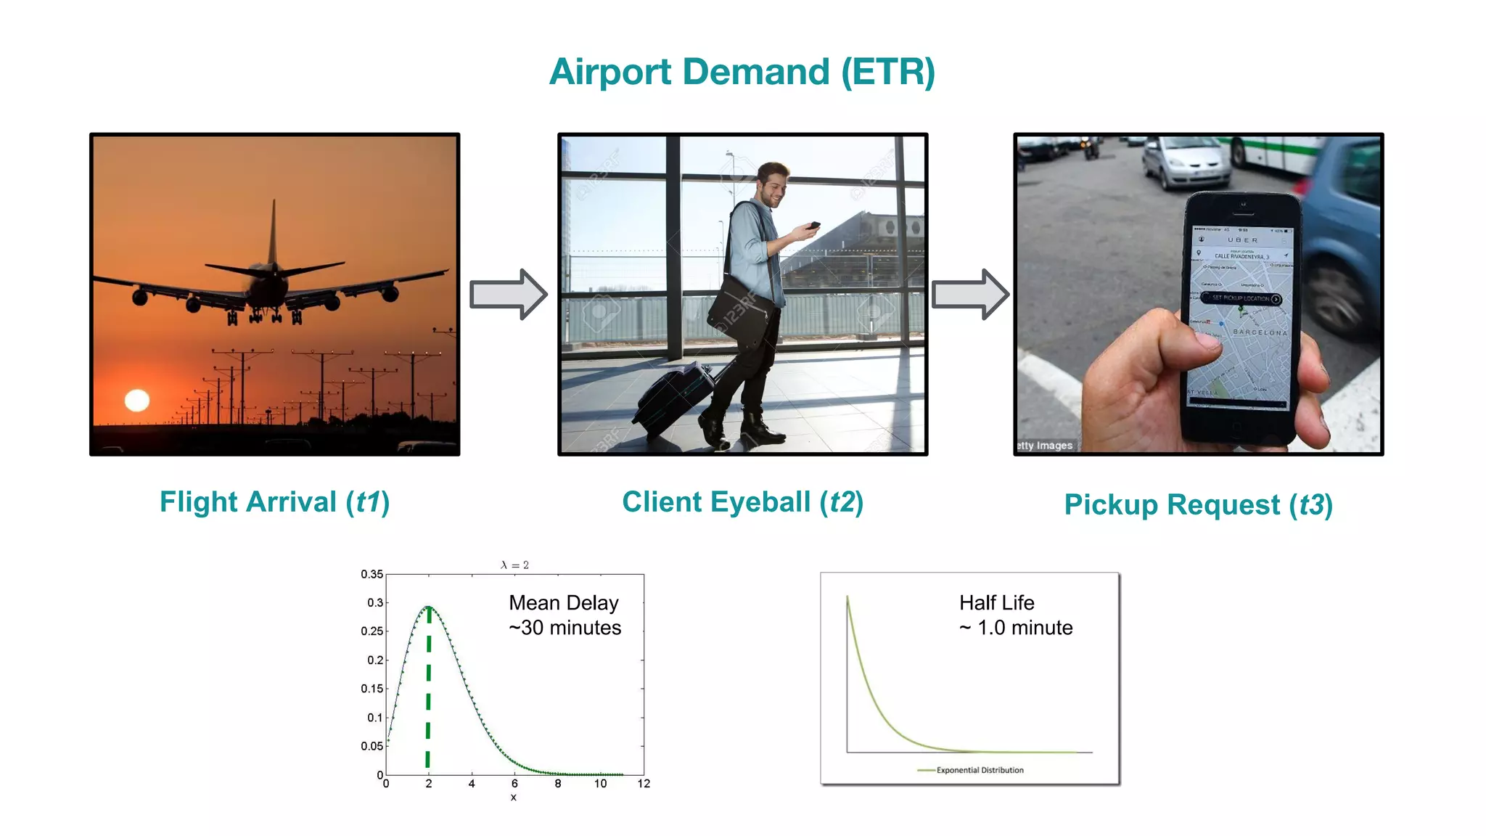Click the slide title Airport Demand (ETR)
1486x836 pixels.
tap(742, 72)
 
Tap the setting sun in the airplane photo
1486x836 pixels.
tap(137, 400)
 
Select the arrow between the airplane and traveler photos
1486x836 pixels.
tap(508, 294)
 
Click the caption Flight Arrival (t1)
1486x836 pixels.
tap(274, 502)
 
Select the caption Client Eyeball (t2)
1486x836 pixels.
tap(742, 502)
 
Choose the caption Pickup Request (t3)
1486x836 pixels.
tap(1198, 505)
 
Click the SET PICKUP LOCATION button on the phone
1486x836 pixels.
tap(1241, 298)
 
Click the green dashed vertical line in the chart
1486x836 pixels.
tap(428, 689)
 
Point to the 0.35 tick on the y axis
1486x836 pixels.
tap(371, 574)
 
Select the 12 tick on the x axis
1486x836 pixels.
tap(644, 784)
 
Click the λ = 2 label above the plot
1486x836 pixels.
tap(514, 565)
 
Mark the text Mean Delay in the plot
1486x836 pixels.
tap(564, 603)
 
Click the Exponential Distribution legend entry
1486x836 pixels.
tap(980, 770)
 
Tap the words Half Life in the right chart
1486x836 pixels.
tap(996, 603)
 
